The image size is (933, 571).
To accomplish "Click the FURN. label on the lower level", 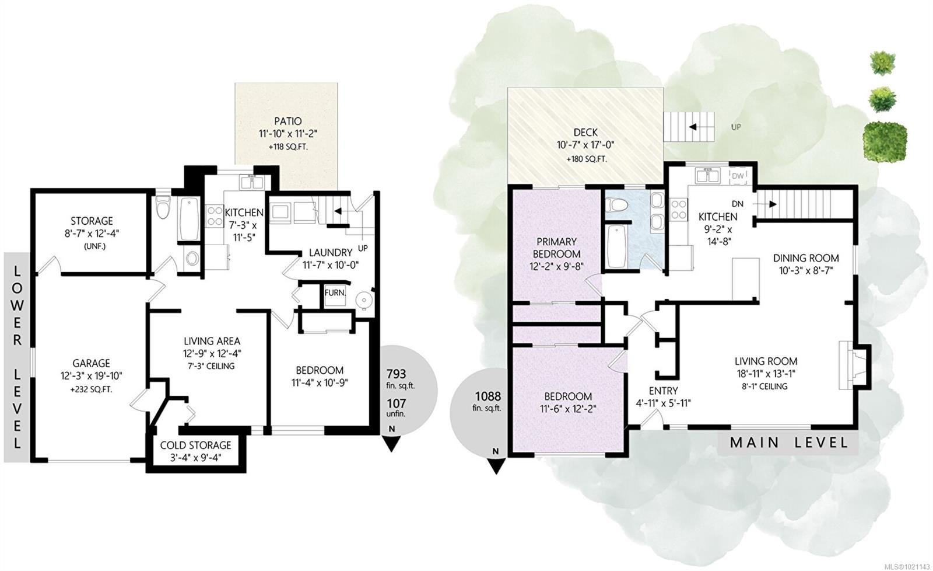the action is click(x=335, y=293).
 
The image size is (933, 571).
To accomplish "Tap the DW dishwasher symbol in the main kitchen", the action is click(x=738, y=176).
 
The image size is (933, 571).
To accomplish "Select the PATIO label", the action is click(x=288, y=121).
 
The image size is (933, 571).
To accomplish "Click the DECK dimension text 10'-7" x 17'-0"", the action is click(x=585, y=145).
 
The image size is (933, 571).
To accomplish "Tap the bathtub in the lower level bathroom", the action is click(x=189, y=218).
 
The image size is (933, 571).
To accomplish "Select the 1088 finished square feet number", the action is click(x=488, y=395).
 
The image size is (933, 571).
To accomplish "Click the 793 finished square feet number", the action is click(x=396, y=373).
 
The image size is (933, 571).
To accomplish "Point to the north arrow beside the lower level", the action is click(x=391, y=443).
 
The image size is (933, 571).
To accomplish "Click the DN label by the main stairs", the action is click(x=738, y=204).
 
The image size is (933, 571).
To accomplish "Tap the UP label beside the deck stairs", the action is click(x=736, y=127).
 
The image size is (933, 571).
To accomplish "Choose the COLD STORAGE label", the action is click(x=196, y=445).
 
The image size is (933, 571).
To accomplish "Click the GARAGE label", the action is click(x=91, y=363).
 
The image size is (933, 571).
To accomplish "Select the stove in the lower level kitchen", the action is click(x=215, y=215).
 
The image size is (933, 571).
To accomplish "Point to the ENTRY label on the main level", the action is click(x=663, y=391).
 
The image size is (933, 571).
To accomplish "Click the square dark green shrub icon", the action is click(x=885, y=141).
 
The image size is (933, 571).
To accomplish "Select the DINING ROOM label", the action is click(x=806, y=257).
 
